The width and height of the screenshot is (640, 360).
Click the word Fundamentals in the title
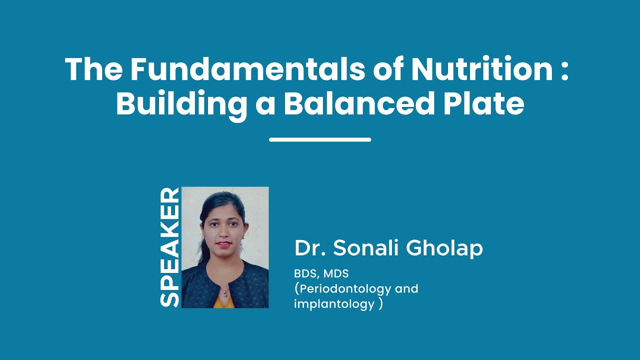click(248, 69)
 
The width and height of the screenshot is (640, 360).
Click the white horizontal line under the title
click(320, 139)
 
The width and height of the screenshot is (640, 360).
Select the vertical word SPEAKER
click(169, 247)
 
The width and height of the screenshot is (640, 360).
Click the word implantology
click(334, 303)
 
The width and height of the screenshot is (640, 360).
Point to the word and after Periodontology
click(406, 288)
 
